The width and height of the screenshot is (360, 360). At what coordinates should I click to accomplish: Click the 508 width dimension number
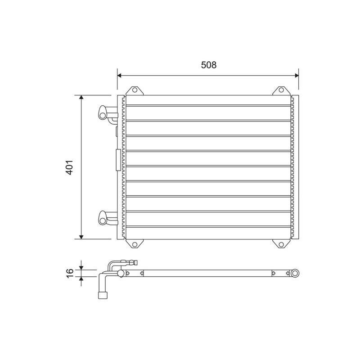coord(209,65)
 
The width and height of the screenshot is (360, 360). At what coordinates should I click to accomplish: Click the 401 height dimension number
coord(70,167)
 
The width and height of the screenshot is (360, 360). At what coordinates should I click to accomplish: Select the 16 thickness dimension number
coord(70,274)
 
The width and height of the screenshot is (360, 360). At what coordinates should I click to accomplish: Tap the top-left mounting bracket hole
coord(135,90)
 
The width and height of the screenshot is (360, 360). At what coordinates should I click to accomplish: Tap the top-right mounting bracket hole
coord(281,90)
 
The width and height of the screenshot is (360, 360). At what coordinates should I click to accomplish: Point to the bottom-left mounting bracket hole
coord(135,244)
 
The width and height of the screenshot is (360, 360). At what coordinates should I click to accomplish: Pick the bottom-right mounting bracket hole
coord(281,244)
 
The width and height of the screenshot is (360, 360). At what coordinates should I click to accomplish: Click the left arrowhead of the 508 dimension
coord(119,75)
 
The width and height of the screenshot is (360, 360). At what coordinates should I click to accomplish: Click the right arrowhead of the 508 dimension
coord(297,75)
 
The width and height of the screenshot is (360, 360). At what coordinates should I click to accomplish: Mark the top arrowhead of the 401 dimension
coord(81,97)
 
